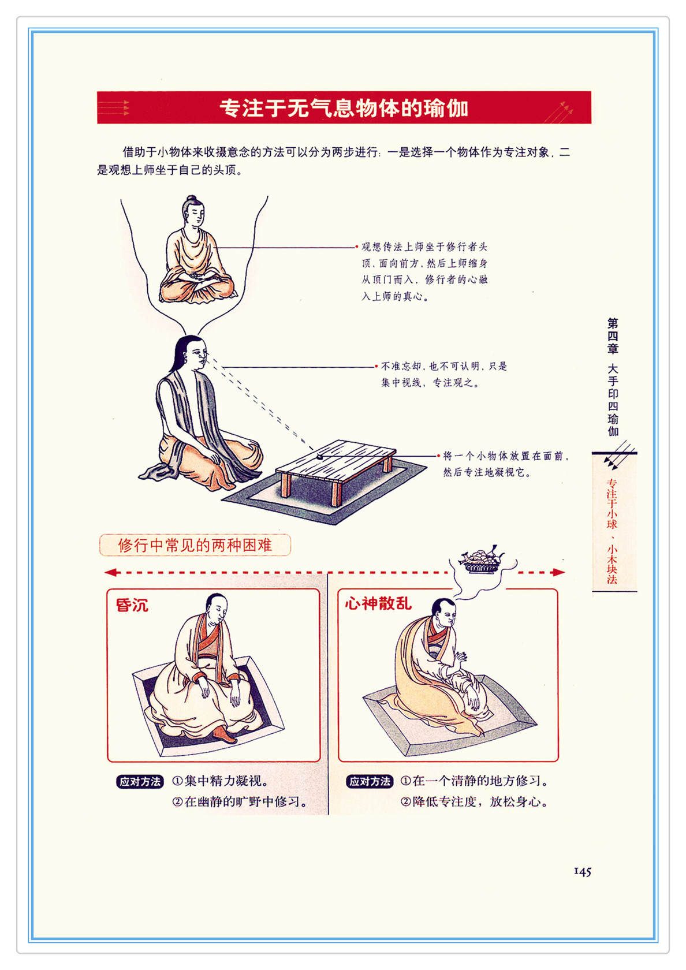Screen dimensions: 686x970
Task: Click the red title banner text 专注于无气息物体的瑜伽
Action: pos(344,108)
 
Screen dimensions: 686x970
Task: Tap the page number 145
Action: pos(582,871)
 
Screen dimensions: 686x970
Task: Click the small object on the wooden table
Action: pos(320,456)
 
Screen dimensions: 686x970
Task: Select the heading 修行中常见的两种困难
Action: pos(195,545)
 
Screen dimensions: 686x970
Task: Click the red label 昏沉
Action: pos(132,605)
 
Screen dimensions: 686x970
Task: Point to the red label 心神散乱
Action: pos(378,603)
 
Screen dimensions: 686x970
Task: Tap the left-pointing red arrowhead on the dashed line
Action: pos(111,573)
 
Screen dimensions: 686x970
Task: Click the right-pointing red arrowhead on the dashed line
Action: pos(559,573)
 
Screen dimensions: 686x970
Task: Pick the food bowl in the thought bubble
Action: pos(480,559)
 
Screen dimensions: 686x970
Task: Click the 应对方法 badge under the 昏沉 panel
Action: pos(140,781)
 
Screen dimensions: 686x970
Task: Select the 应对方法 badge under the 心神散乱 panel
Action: pos(370,781)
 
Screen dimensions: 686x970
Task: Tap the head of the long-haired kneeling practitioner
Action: pos(193,353)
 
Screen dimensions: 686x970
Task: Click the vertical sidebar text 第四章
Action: pos(612,336)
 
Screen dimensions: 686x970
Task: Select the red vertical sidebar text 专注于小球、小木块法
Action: pos(612,531)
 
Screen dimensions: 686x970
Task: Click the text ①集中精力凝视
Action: pos(221,781)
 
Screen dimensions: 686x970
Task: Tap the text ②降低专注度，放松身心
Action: pos(474,801)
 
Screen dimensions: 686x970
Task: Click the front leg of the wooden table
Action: pos(336,494)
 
